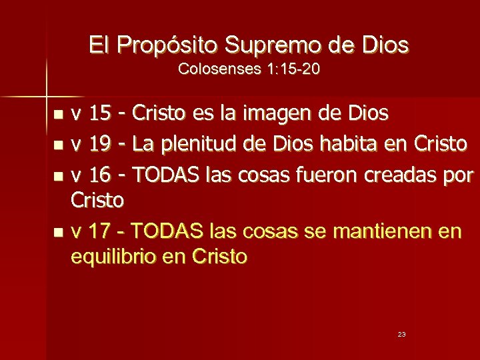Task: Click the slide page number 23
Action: click(401, 334)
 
